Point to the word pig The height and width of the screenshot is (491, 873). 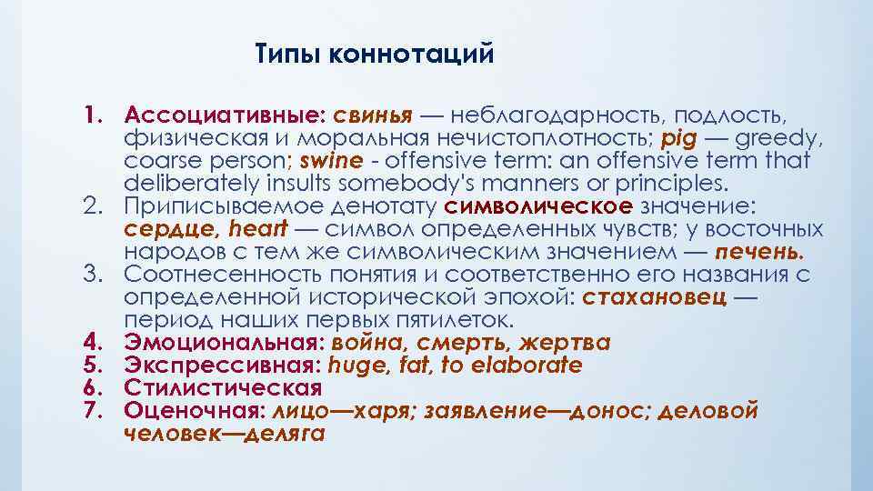678,139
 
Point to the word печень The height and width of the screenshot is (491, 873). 758,252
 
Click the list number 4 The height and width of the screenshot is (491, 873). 89,343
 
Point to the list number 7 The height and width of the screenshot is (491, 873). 89,410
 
